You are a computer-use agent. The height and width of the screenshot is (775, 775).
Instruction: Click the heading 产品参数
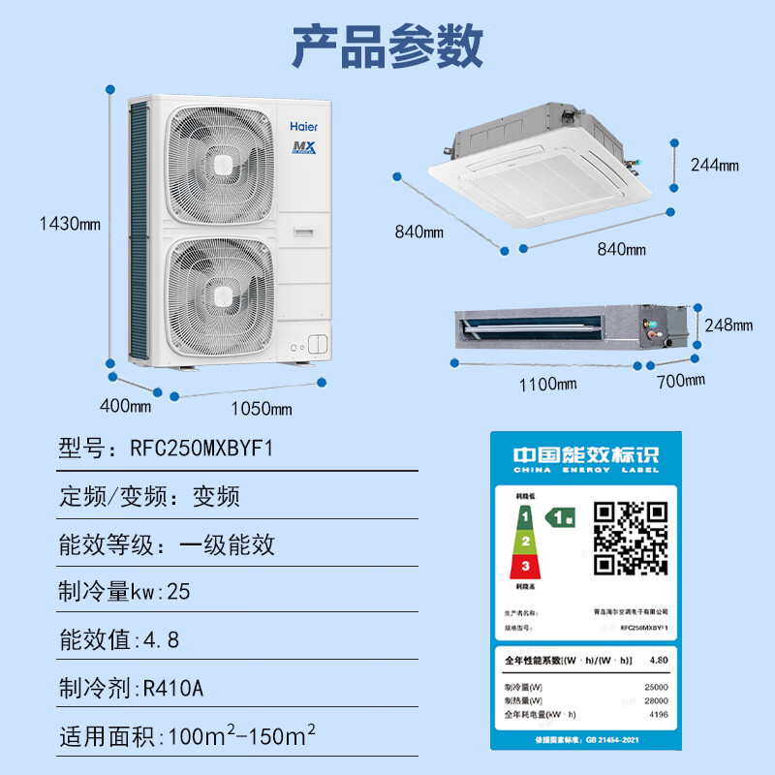(387, 46)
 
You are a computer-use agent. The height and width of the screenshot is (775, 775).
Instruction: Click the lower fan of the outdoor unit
(222, 292)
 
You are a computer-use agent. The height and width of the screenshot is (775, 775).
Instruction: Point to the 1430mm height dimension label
(69, 224)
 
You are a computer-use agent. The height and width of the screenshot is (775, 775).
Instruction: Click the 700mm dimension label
(679, 380)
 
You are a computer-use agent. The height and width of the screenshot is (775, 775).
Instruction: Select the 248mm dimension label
(728, 325)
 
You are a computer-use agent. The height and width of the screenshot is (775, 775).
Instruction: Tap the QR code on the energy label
(631, 538)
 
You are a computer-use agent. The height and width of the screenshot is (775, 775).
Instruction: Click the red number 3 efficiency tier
(525, 565)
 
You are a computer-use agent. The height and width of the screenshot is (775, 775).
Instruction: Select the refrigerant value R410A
(172, 688)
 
